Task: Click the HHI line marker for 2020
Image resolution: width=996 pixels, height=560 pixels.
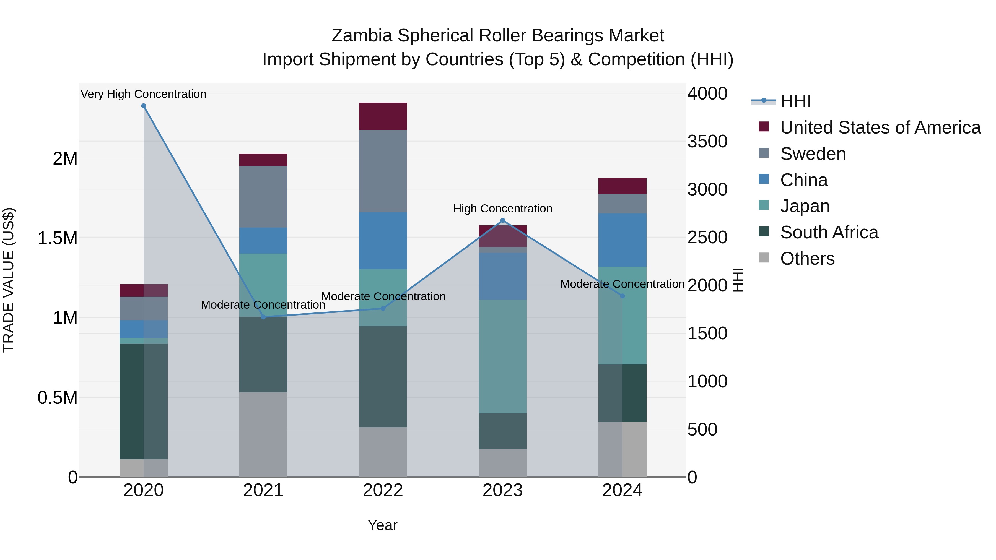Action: point(143,106)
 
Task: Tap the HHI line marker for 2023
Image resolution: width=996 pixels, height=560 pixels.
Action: point(503,221)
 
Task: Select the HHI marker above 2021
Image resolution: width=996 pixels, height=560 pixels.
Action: point(263,317)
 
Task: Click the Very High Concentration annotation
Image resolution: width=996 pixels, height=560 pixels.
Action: point(143,94)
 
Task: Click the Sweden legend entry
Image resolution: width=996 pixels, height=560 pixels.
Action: point(813,154)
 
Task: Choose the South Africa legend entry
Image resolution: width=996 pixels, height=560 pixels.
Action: point(829,232)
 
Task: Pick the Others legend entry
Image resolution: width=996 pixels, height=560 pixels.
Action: point(807,259)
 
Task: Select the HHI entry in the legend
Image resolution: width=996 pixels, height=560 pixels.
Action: point(795,101)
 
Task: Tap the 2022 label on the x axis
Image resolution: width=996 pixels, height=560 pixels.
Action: point(383,490)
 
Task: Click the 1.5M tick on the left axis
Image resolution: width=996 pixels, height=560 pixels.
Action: point(58,238)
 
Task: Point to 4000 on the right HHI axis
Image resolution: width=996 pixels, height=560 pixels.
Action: point(707,93)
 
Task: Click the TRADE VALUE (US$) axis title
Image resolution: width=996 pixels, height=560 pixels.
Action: point(9,280)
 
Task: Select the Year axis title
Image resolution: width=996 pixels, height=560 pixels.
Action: point(382,525)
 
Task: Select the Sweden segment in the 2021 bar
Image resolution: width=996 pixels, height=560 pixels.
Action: point(263,197)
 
